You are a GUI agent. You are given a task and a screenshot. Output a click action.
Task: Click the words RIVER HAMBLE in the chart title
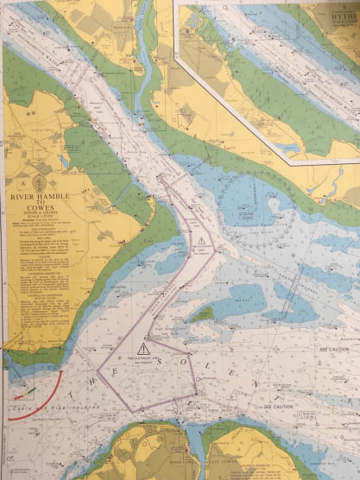[39, 197]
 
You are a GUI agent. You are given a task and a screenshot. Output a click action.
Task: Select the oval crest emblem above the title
[38, 182]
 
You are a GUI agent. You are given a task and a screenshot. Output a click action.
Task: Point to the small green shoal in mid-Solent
[200, 315]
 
